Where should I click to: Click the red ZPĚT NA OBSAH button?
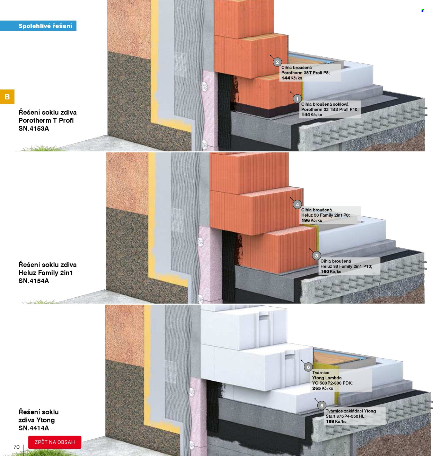[x=55, y=442]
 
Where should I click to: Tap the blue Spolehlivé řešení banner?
[x=38, y=26]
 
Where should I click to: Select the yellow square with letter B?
[x=7, y=96]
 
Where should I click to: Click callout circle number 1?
[x=297, y=98]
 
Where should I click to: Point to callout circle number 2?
[x=277, y=62]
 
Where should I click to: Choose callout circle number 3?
[x=316, y=256]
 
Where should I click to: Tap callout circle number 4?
[x=297, y=204]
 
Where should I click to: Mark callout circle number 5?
[x=321, y=405]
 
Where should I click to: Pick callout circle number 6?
[x=308, y=367]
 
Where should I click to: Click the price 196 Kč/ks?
[x=311, y=220]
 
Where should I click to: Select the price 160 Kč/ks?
[x=331, y=272]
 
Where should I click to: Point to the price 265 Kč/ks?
[x=322, y=388]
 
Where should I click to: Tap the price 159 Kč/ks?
[x=336, y=421]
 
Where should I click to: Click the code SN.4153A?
[x=34, y=129]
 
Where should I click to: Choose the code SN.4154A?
[x=34, y=281]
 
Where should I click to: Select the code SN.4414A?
[x=34, y=428]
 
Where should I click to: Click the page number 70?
[x=17, y=447]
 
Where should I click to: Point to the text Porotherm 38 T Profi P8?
[x=306, y=73]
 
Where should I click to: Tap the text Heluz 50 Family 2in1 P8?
[x=325, y=215]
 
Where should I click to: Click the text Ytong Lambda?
[x=327, y=378]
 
